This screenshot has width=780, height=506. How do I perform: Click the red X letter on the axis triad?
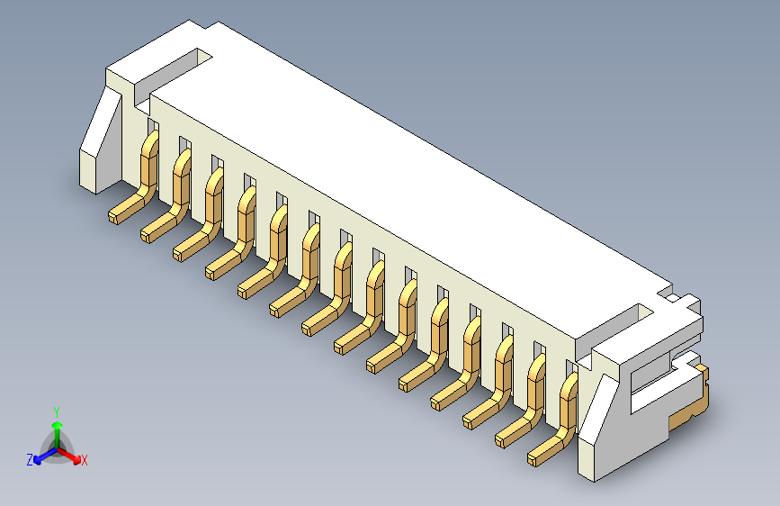click(85, 460)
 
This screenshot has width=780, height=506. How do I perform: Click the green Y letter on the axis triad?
click(57, 411)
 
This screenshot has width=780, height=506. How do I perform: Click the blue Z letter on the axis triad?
click(30, 459)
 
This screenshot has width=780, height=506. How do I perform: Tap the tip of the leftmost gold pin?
click(114, 216)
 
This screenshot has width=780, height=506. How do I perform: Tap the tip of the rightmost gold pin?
click(534, 459)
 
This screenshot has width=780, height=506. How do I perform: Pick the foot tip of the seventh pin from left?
click(308, 326)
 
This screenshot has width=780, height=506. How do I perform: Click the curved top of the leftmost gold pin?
click(150, 140)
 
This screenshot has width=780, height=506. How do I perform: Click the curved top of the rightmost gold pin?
click(569, 384)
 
